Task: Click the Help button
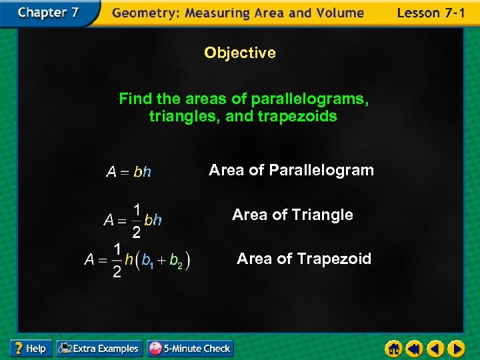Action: point(31,348)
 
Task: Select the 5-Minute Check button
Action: point(190,348)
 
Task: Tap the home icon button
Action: point(395,349)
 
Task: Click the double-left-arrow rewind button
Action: point(415,349)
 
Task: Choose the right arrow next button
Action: point(456,349)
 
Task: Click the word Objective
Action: point(240,53)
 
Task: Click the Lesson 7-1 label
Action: point(430,13)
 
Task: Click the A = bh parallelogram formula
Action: point(129,172)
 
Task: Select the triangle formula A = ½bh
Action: point(133,219)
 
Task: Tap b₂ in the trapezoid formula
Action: point(176,261)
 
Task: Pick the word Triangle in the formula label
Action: point(325,215)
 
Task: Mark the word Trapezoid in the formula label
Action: point(334,259)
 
